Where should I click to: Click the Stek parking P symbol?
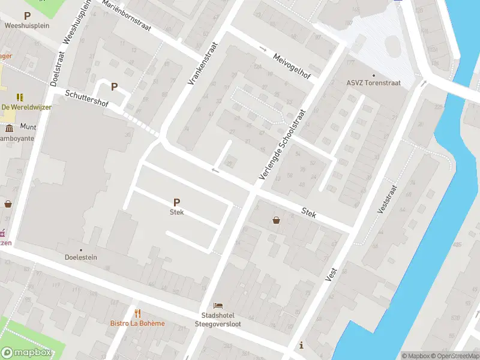(x=176, y=203)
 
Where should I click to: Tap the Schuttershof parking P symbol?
(x=114, y=86)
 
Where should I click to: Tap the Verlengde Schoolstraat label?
(x=283, y=144)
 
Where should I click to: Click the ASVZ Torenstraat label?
(x=373, y=83)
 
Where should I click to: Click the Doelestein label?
(x=81, y=257)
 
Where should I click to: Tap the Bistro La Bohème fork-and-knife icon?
(x=137, y=313)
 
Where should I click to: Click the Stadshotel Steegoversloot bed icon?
(x=217, y=306)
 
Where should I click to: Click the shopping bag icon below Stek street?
(x=276, y=220)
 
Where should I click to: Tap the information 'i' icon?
(x=301, y=346)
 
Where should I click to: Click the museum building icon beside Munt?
(x=9, y=128)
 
